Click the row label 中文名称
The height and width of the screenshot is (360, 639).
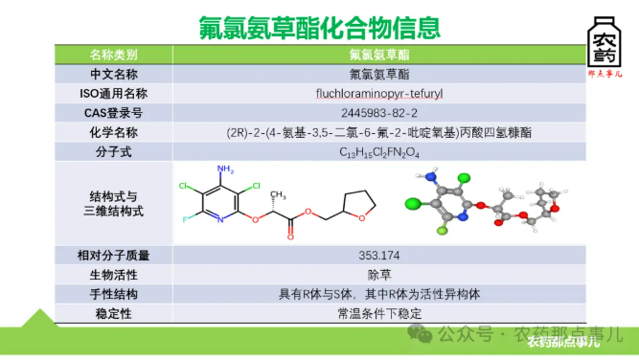(x=113, y=74)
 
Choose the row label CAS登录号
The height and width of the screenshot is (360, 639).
(x=113, y=112)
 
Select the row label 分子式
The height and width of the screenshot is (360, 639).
(x=113, y=151)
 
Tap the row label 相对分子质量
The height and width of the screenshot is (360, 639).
(x=113, y=256)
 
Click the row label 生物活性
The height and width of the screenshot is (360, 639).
(x=113, y=275)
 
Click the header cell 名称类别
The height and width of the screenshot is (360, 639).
(x=113, y=54)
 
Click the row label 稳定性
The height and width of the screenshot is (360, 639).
(x=113, y=313)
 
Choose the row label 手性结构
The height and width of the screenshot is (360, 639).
(x=113, y=294)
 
